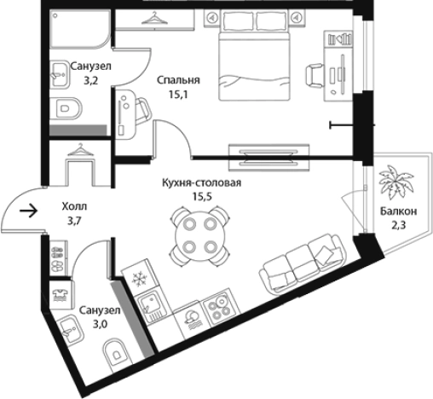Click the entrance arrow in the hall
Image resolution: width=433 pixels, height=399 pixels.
pos(29,211)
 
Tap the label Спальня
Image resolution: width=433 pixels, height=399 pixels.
pos(178,80)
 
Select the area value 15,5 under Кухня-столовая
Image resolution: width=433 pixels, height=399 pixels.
pos(202,196)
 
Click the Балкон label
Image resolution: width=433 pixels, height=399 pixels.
pos(399,211)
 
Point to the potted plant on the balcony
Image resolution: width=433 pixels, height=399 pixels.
pos(395,182)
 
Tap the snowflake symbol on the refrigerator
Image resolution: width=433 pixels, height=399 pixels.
pos(139,278)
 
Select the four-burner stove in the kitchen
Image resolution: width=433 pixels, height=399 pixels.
pos(220,306)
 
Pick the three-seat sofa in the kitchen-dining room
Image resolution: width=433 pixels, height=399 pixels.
pos(303,264)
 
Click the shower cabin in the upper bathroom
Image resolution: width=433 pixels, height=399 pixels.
pos(79,28)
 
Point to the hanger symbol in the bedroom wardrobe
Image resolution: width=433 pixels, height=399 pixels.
pos(154,19)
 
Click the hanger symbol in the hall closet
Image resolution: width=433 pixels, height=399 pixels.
pos(80,150)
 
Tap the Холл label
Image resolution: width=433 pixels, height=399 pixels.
pos(74,206)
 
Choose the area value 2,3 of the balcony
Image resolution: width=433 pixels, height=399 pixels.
pos(399,225)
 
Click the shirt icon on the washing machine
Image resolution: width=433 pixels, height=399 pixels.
pos(61,293)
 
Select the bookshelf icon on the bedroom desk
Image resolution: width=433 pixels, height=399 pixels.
pos(339,39)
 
